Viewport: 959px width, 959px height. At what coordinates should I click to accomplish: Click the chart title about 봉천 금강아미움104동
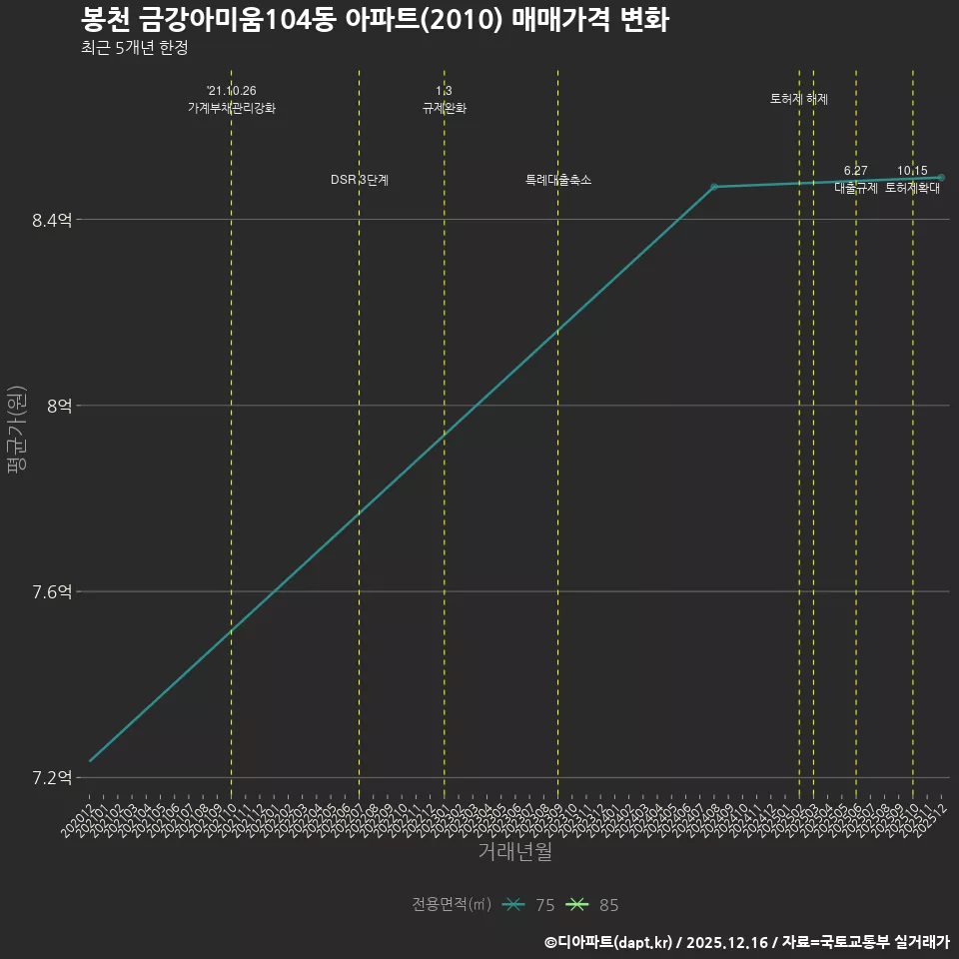coord(375,19)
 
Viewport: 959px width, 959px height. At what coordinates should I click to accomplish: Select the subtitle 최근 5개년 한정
coord(134,48)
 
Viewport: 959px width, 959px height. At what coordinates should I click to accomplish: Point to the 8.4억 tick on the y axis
coord(52,221)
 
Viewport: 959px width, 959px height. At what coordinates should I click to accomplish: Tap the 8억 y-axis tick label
coord(59,407)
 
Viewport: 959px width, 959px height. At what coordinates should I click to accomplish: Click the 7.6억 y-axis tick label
coord(52,592)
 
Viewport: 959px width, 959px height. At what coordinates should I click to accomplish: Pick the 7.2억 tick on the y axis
coord(52,778)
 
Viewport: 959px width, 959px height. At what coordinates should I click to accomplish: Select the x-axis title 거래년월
coord(514,852)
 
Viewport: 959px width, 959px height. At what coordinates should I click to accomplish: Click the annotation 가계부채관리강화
coord(231,108)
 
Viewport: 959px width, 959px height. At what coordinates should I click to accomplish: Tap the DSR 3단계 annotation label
coord(360,180)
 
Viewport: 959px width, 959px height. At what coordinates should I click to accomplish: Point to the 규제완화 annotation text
coord(445,108)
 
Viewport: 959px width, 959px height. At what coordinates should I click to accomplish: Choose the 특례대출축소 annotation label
coord(558,180)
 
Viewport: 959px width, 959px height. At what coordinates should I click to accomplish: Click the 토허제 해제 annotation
coord(799,99)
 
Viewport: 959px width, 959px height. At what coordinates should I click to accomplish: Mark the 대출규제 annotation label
coord(856,188)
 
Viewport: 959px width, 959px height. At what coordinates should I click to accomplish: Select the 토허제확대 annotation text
coord(912,188)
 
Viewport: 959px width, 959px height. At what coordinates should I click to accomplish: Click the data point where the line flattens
coord(713,187)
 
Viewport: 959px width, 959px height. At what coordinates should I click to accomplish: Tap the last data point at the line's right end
coord(941,178)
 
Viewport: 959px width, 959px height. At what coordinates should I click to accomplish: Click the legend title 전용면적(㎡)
coord(452,905)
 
